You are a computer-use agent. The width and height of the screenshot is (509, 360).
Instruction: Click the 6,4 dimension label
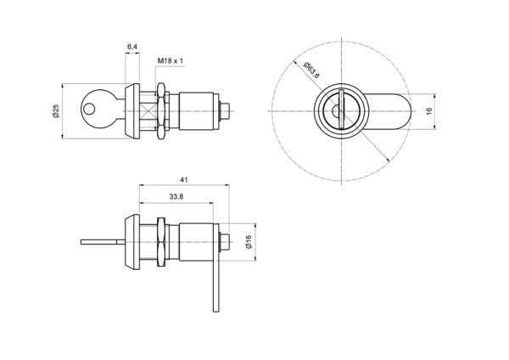132,47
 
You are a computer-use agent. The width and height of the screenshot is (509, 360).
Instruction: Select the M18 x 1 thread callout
171,61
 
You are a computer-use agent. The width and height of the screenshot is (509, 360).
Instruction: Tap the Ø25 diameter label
56,111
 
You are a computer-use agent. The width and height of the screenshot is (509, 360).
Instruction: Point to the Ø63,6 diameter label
312,70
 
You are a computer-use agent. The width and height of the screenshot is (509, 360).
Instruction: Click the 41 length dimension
184,179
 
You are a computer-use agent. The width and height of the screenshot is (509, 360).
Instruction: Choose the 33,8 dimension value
176,197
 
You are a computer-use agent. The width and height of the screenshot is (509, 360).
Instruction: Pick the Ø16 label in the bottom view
249,242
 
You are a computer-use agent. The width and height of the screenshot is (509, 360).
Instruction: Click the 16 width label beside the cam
428,111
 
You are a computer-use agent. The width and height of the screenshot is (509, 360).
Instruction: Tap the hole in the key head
88,110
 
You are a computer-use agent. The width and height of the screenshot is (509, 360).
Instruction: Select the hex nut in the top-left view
161,111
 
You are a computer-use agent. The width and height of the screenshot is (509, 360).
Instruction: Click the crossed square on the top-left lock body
148,111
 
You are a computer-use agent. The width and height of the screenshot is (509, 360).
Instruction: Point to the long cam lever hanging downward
216,267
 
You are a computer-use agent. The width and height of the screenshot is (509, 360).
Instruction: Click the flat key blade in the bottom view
103,242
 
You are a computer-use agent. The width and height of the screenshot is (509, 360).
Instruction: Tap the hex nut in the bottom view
161,242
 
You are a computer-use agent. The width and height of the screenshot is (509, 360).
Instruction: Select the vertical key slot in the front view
340,110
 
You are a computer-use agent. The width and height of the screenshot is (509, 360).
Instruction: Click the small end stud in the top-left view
226,111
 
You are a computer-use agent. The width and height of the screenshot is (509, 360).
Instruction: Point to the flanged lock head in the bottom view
131,242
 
